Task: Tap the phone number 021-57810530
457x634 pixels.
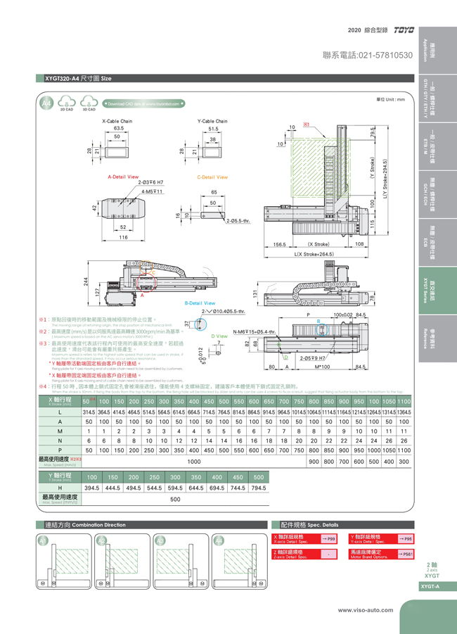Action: pyautogui.click(x=367, y=55)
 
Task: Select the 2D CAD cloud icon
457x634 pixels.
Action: pyautogui.click(x=67, y=105)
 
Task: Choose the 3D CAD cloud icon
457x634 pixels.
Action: pyautogui.click(x=88, y=105)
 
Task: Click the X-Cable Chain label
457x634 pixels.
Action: pyautogui.click(x=117, y=121)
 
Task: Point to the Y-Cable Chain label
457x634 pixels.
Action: pyautogui.click(x=212, y=121)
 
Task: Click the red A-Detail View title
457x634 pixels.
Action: pyautogui.click(x=122, y=177)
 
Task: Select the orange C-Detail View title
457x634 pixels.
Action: pyautogui.click(x=212, y=177)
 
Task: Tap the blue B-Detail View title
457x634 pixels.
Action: pyautogui.click(x=199, y=303)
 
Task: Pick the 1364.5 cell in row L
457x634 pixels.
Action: pyautogui.click(x=404, y=411)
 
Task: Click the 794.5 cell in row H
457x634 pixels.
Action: pyautogui.click(x=259, y=488)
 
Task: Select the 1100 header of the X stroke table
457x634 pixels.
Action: pyautogui.click(x=404, y=400)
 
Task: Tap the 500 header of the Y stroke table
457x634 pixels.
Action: pyautogui.click(x=259, y=477)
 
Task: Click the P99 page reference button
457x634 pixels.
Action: pyautogui.click(x=328, y=538)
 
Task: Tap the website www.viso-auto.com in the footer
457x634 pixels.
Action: pyautogui.click(x=367, y=610)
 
